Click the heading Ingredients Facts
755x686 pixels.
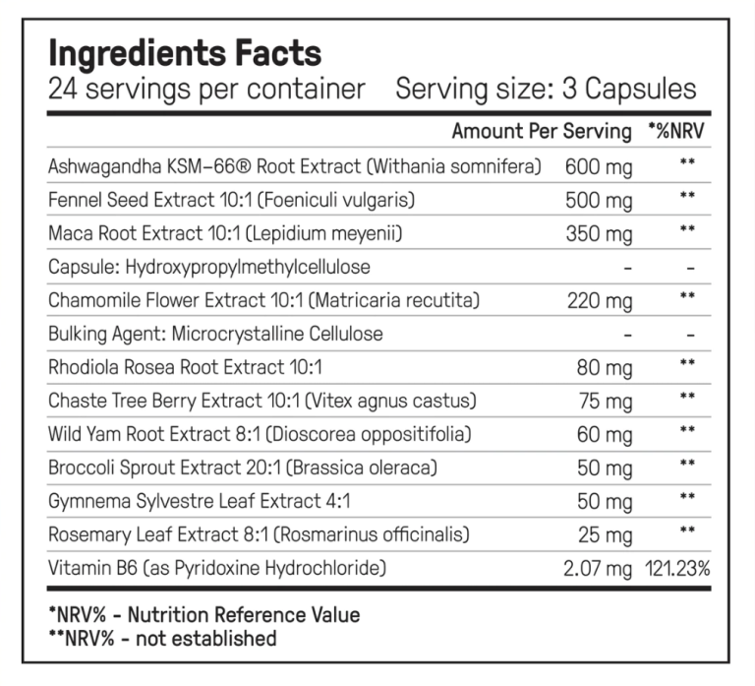tap(185, 53)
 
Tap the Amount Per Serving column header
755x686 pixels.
tap(542, 131)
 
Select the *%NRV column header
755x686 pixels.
tap(676, 131)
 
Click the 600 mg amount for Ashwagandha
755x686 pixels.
tap(599, 167)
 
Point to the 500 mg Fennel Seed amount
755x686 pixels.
tap(599, 201)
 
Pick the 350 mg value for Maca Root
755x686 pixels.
tap(599, 234)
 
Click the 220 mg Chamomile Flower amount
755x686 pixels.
tap(600, 301)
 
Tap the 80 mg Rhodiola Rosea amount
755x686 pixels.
tap(605, 368)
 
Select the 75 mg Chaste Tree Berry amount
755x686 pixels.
tap(606, 402)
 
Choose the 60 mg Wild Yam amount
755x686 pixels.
tap(605, 435)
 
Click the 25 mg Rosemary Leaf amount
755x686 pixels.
tap(605, 535)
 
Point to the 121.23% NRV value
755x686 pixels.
tap(677, 569)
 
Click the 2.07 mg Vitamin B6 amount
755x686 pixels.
tap(598, 569)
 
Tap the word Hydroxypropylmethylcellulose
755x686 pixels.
tap(248, 267)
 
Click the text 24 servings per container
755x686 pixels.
tap(206, 90)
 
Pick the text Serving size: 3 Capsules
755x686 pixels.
tap(546, 90)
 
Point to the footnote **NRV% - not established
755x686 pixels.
tap(163, 639)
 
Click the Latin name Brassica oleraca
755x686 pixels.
tap(362, 468)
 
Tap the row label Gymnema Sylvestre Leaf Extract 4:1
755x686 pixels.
tap(199, 501)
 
